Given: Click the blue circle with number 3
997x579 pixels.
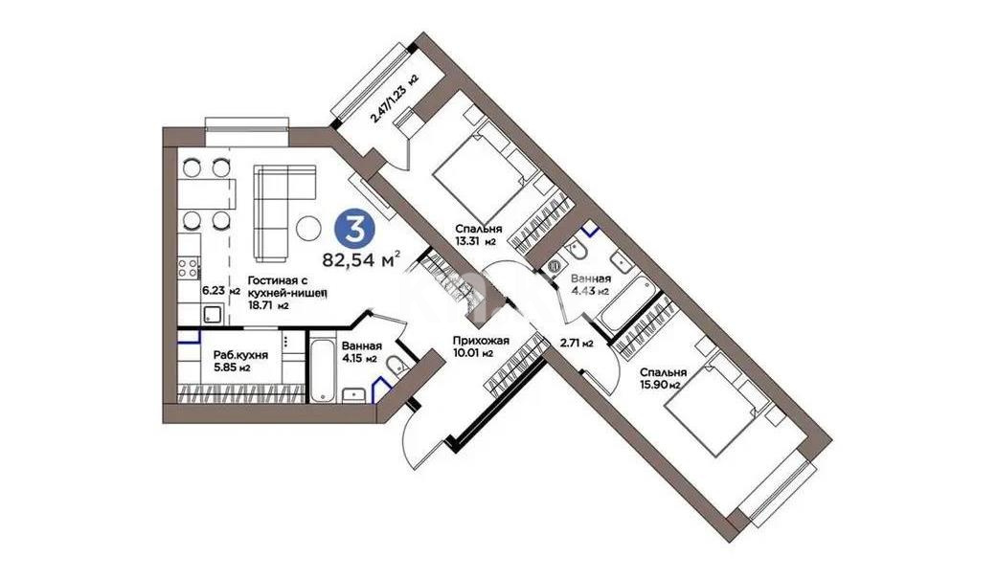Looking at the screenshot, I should [354, 229].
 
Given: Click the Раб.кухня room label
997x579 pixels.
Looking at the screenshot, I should [240, 353].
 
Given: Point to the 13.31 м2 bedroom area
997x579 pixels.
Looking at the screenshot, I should [475, 241].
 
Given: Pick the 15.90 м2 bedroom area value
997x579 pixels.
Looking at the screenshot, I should [661, 385].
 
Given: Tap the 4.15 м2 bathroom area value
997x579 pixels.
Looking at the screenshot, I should [360, 360].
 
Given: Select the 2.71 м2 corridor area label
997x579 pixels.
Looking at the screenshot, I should [577, 342].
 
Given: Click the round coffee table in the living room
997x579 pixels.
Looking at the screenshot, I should [309, 228].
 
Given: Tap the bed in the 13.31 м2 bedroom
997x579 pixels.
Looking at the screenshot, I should [479, 176].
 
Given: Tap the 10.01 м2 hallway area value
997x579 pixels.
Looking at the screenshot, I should [474, 353].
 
